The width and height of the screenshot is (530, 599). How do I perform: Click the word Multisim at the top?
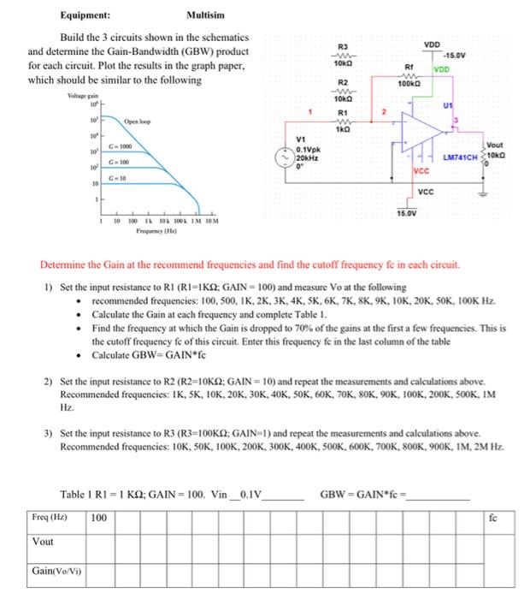pos(206,15)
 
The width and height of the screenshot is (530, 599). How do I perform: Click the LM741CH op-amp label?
pos(462,158)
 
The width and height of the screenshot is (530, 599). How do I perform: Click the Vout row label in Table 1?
pos(43,543)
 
